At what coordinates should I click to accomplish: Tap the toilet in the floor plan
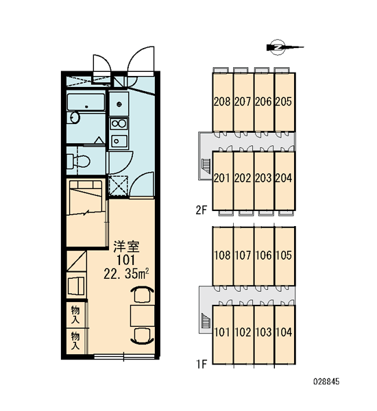(x=78, y=162)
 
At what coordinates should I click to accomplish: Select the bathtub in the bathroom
(x=86, y=102)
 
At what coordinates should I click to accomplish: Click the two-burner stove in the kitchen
(x=119, y=124)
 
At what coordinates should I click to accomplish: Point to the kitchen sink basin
(x=119, y=141)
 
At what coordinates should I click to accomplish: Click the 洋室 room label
(x=126, y=247)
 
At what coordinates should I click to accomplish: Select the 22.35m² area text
(x=126, y=274)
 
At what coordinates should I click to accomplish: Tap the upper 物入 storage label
(x=75, y=315)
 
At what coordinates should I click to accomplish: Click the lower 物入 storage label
(x=75, y=340)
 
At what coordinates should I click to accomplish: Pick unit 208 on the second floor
(x=222, y=101)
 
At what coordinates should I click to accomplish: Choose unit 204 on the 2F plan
(x=284, y=178)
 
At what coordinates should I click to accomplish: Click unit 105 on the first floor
(x=284, y=255)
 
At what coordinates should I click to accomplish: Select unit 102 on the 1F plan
(x=243, y=332)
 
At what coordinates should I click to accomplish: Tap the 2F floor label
(x=202, y=210)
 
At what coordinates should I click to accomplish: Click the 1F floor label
(x=202, y=364)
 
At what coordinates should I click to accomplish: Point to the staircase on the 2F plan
(x=206, y=166)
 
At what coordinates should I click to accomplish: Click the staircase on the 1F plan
(x=206, y=321)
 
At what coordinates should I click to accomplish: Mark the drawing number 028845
(x=326, y=382)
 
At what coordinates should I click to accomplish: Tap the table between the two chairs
(x=142, y=316)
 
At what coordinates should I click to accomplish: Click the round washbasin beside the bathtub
(x=74, y=117)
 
